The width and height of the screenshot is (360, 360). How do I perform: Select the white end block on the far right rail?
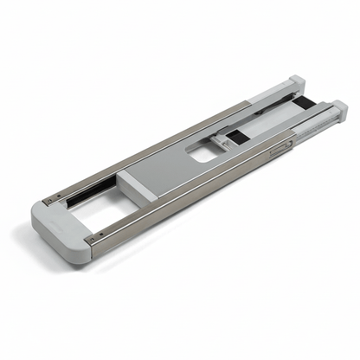click(x=337, y=110)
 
